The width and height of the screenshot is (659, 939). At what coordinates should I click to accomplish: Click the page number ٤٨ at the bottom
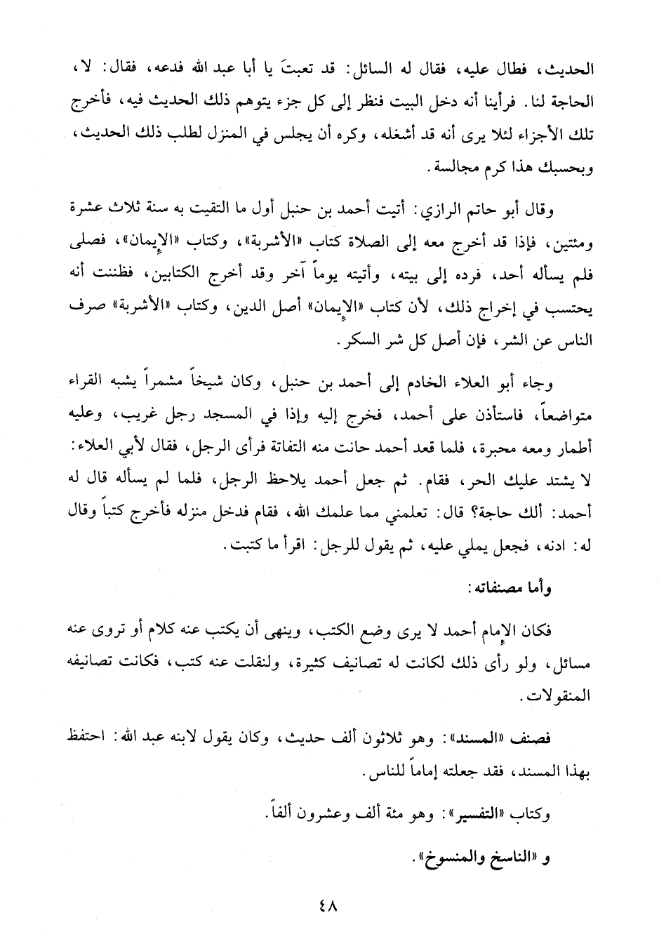[328, 906]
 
